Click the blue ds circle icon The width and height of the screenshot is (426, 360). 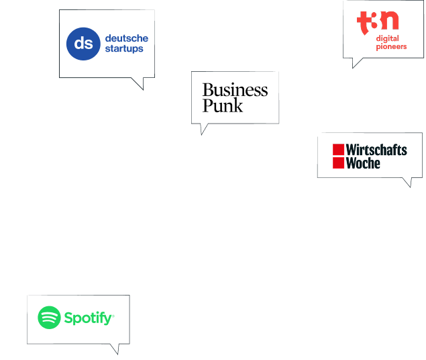tap(83, 44)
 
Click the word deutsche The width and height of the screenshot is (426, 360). tap(126, 38)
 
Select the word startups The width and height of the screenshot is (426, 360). tap(124, 49)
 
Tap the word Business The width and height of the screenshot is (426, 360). tap(235, 90)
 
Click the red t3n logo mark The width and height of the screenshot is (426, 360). tap(377, 21)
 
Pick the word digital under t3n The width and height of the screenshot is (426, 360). tap(387, 38)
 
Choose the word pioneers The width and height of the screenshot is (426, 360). tap(391, 47)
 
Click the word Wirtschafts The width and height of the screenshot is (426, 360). tap(376, 150)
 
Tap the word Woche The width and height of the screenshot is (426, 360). tap(363, 163)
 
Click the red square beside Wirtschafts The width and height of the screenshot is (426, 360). tap(338, 149)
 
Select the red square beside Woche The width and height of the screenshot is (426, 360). tap(338, 163)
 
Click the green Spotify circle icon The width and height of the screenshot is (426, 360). tap(49, 318)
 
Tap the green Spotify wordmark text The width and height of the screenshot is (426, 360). tap(88, 318)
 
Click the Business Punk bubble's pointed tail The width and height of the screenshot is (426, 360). tap(203, 128)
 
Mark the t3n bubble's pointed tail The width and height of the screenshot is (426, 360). tap(356, 62)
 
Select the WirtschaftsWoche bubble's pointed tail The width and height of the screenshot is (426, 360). tap(407, 182)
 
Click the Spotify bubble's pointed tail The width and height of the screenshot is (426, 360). tap(117, 349)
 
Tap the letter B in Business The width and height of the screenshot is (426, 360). tap(207, 90)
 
